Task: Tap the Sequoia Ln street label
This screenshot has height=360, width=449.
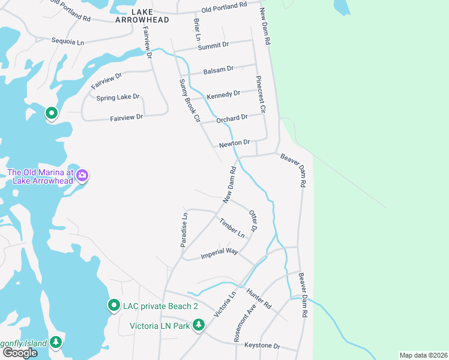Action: click(68, 43)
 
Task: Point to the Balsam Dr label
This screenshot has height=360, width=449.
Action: click(218, 70)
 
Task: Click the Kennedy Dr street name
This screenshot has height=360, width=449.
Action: click(223, 94)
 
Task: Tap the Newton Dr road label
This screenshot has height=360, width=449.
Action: click(234, 143)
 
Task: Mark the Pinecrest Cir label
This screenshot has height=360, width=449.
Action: click(259, 95)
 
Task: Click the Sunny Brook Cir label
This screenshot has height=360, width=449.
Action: click(188, 100)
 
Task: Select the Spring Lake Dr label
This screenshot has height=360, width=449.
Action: click(117, 97)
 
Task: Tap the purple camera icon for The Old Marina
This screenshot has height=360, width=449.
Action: click(82, 176)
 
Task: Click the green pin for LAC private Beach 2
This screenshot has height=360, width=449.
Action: click(113, 305)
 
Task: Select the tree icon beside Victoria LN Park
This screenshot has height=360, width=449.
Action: click(198, 325)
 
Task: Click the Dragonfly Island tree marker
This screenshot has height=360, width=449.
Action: click(56, 342)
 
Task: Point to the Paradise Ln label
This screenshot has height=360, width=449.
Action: click(185, 229)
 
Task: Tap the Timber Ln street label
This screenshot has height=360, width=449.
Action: click(232, 227)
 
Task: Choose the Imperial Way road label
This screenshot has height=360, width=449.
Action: click(220, 251)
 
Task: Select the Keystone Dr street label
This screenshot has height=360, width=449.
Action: click(262, 346)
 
